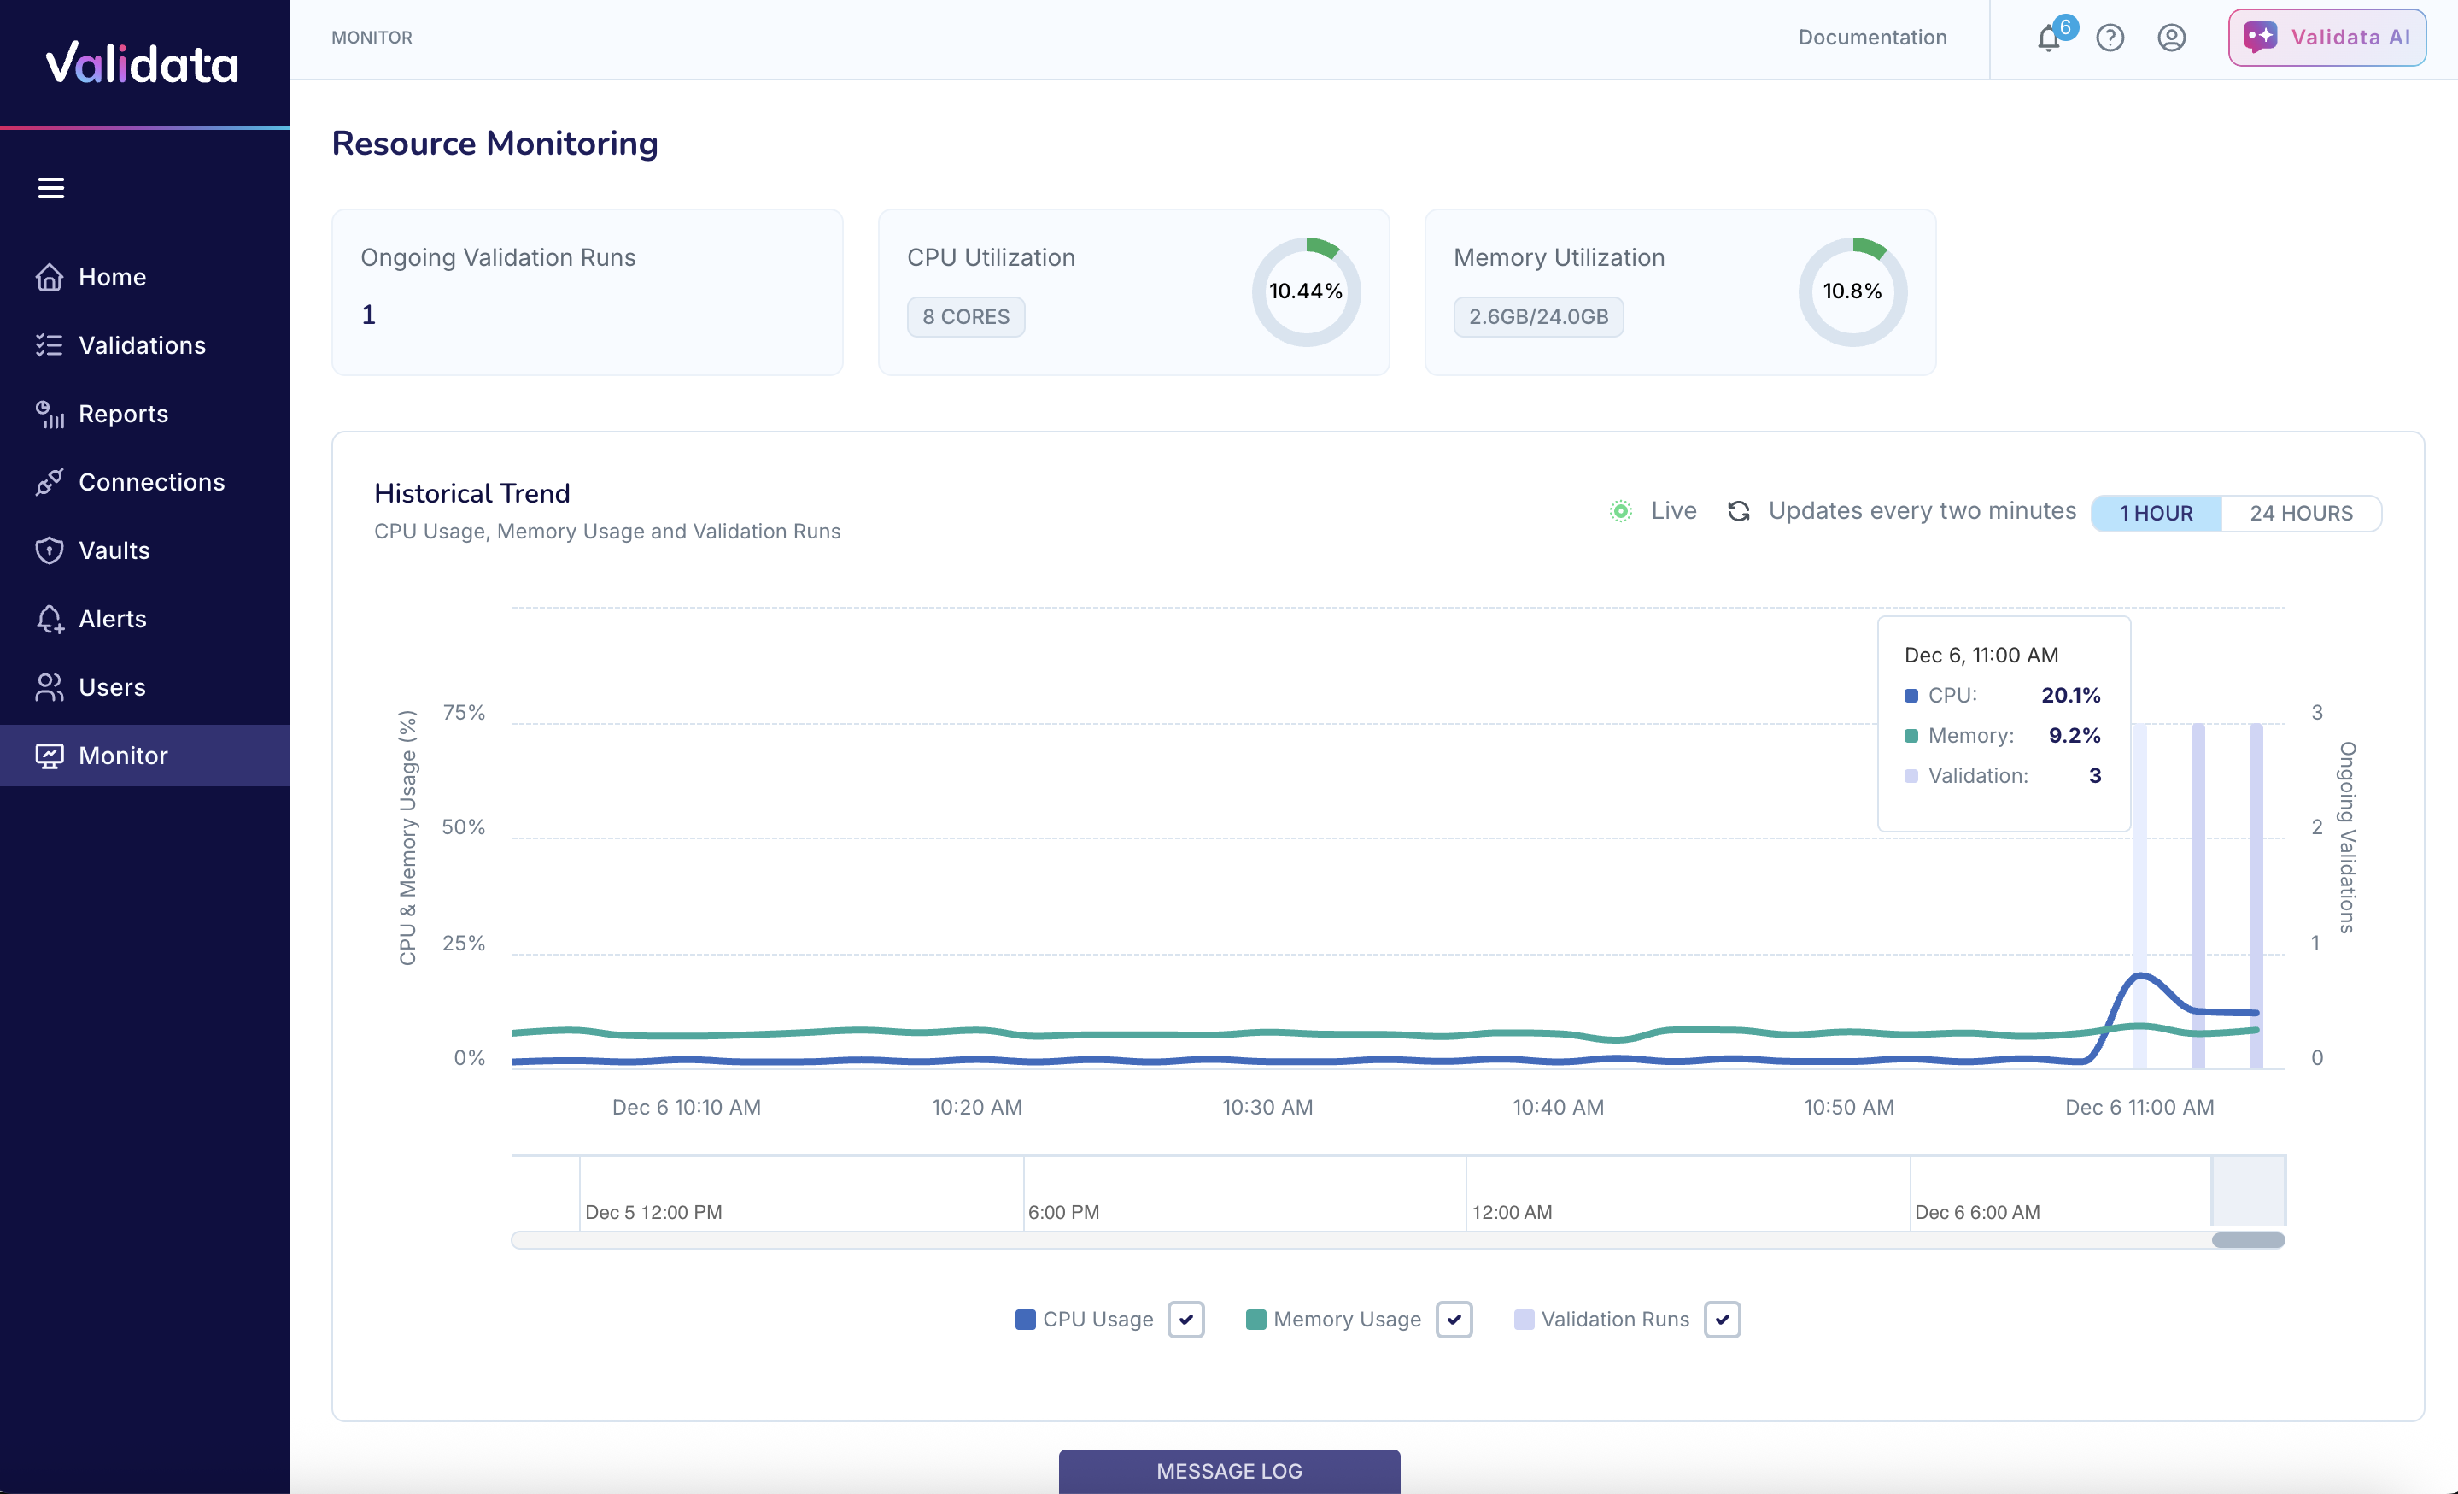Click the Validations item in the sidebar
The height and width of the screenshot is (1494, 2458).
[x=142, y=345]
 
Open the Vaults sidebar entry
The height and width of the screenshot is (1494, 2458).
[x=114, y=551]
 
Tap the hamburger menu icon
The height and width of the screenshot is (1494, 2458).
[x=51, y=188]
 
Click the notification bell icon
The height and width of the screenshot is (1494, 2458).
[x=2048, y=38]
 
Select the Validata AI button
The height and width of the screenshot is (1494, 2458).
[x=2326, y=38]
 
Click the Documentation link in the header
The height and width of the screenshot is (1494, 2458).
[x=1871, y=38]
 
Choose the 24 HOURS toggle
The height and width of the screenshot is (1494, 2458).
[x=2300, y=513]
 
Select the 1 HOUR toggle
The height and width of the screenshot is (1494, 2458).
[x=2156, y=513]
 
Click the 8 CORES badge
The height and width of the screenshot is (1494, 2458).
[x=964, y=317]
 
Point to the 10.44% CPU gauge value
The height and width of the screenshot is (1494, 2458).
[x=1305, y=291]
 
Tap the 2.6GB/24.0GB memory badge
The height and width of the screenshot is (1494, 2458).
[x=1537, y=317]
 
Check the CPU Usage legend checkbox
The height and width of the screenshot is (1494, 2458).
[x=1185, y=1320]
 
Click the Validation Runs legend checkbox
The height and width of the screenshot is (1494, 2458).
[x=1722, y=1320]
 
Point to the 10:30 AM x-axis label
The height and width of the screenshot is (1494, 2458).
[x=1267, y=1107]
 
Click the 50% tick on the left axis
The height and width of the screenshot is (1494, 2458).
[x=463, y=827]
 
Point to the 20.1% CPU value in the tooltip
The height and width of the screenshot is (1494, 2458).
[x=2070, y=696]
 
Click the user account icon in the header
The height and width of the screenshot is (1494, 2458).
[x=2171, y=38]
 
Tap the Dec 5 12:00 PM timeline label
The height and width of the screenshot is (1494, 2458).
[x=653, y=1213]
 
